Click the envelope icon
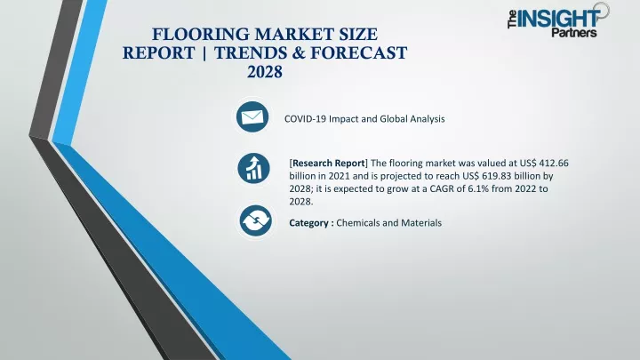[252, 117]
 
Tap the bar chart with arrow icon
[253, 168]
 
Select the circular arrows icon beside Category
[255, 220]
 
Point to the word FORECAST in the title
[358, 53]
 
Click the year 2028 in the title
[265, 72]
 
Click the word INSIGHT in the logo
[558, 18]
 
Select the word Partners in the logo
[574, 32]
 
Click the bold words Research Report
[329, 163]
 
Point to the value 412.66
[554, 163]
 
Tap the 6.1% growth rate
[480, 188]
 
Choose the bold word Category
[308, 223]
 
